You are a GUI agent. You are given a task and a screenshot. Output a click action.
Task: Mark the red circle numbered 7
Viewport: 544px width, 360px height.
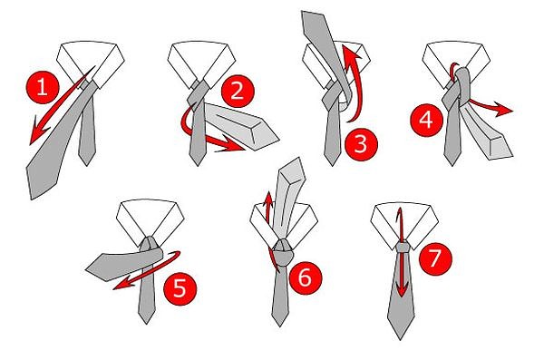click(x=437, y=258)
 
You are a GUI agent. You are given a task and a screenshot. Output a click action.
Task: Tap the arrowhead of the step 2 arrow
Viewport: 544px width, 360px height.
click(x=240, y=145)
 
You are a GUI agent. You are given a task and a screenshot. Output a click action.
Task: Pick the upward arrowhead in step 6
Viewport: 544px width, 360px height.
click(x=268, y=196)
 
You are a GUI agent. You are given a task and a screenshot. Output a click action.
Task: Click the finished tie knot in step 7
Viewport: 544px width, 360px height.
click(x=400, y=246)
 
